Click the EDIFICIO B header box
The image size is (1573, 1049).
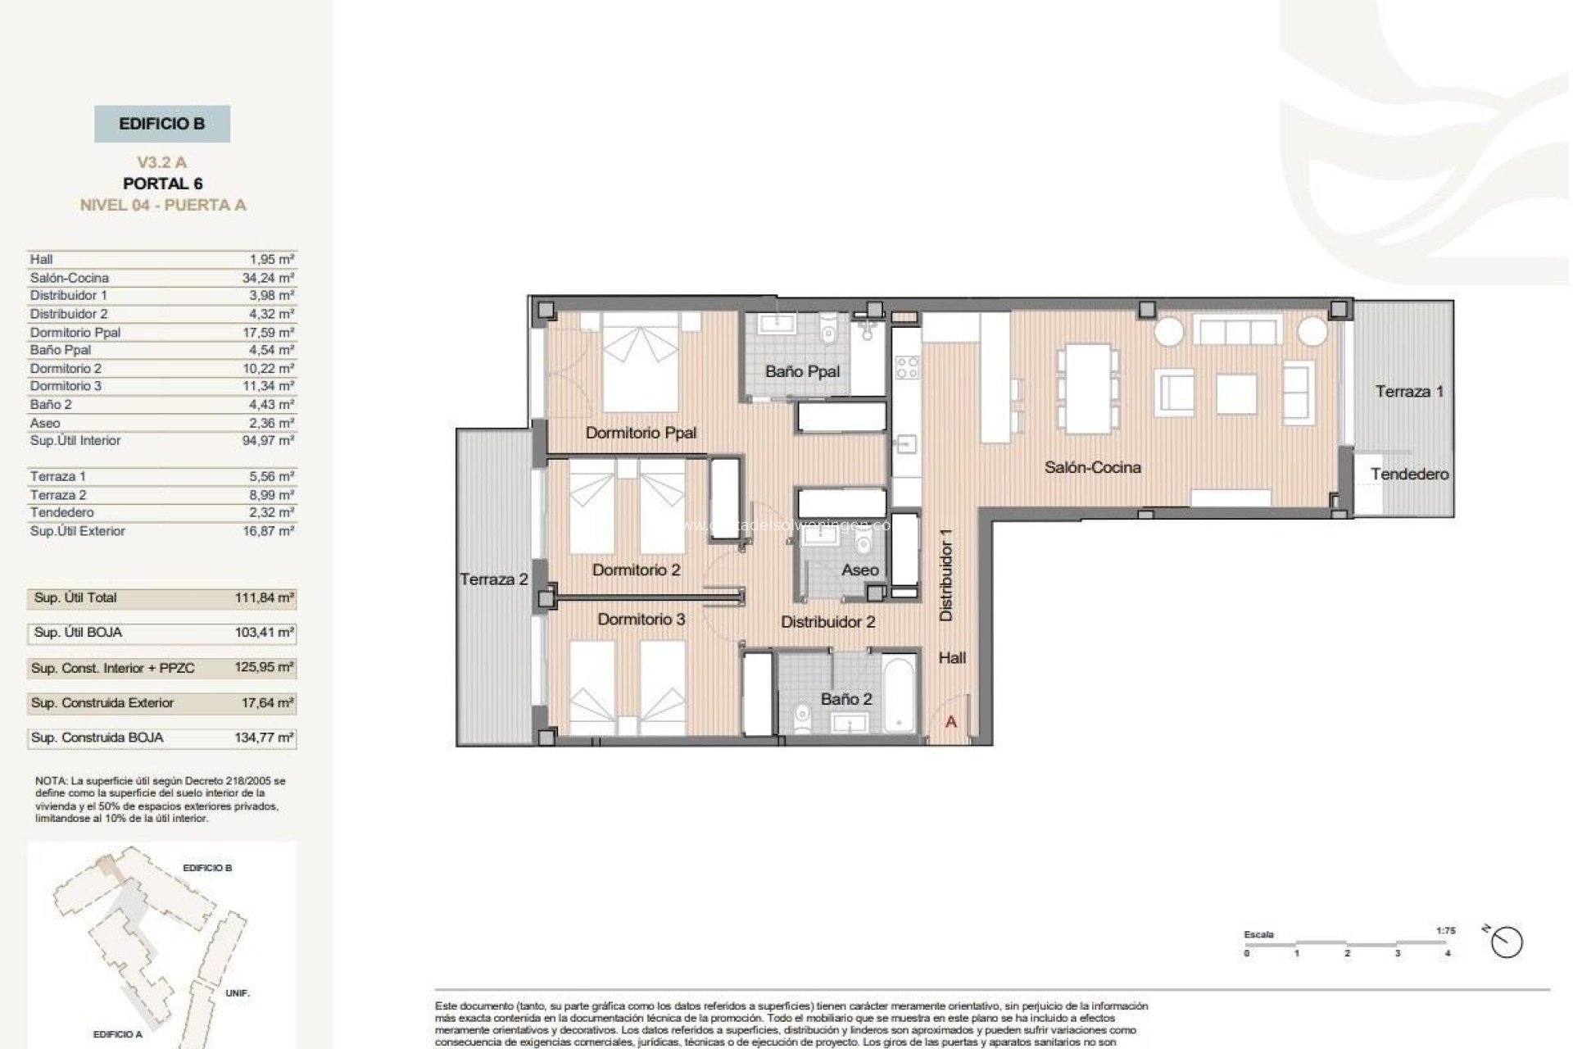coord(162,124)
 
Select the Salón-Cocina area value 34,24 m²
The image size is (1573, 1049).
coord(268,278)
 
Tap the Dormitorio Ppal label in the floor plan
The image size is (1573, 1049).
coord(641,433)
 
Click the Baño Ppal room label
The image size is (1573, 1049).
coord(802,371)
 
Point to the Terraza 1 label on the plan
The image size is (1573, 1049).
coord(1409,392)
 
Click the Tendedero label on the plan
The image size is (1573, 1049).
coord(1409,474)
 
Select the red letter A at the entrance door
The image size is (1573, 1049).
coord(951,722)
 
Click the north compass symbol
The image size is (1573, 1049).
coord(1506,942)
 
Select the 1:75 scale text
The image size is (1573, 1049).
coord(1445,931)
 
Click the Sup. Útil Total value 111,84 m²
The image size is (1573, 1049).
coord(264,598)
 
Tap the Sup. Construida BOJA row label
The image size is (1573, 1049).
coord(97,738)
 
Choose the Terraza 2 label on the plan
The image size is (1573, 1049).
coord(493,579)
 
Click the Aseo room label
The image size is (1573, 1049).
coord(859,570)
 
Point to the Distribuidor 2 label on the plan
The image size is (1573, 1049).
coord(827,622)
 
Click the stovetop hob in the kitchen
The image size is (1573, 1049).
coord(907,366)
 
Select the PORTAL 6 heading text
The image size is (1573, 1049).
coord(162,184)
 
